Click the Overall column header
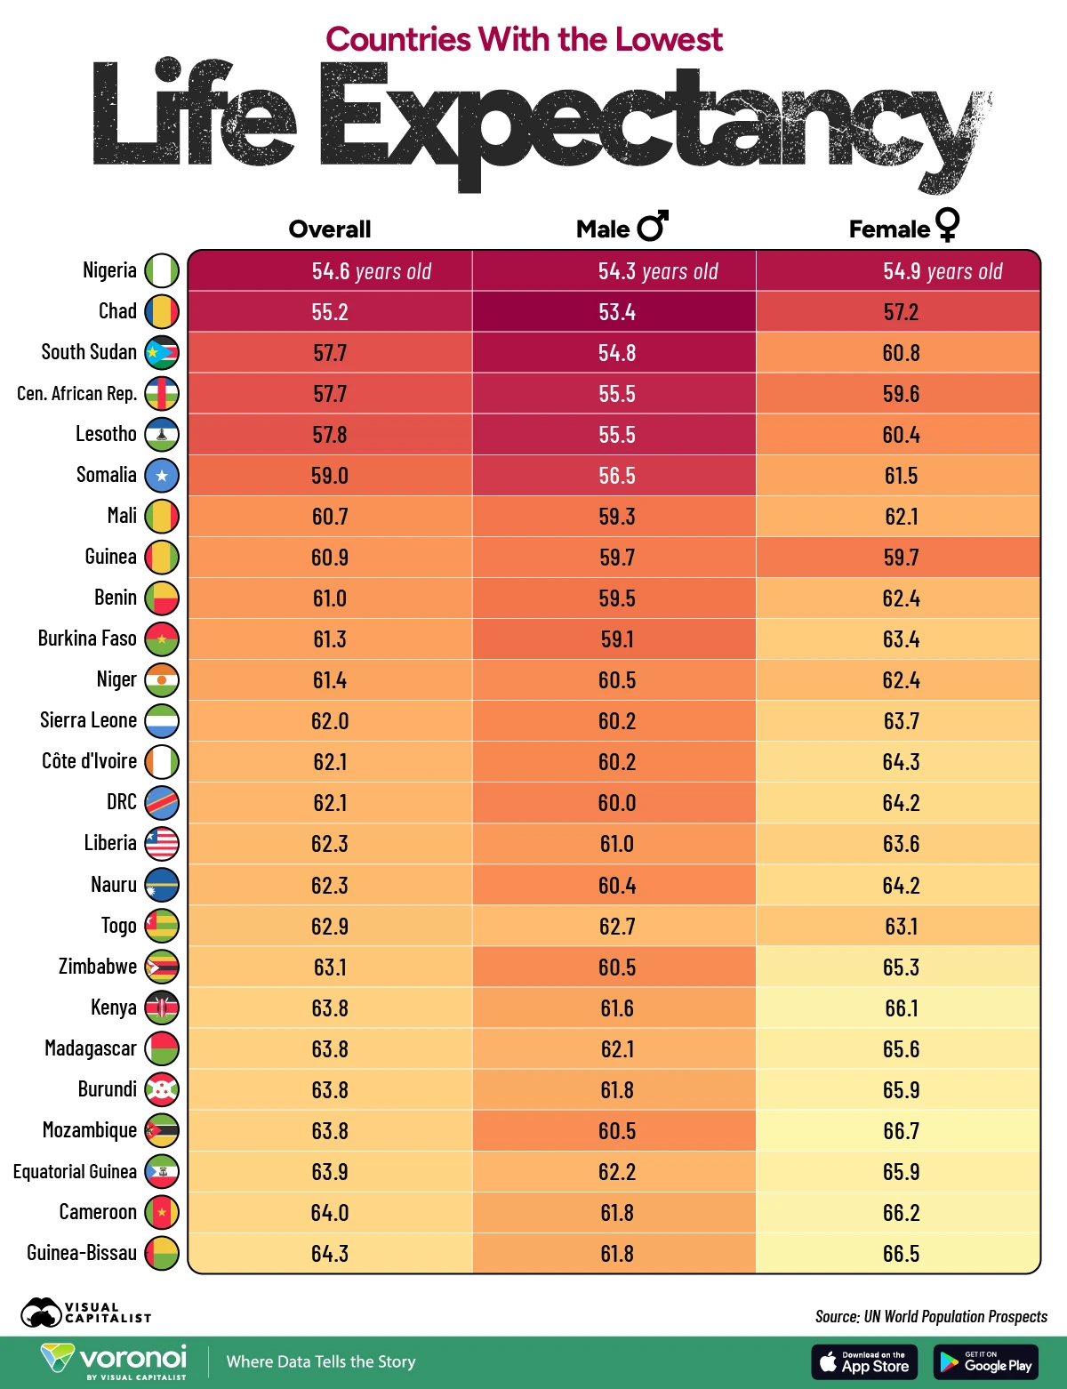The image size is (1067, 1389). (330, 229)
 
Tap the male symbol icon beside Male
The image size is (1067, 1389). (654, 227)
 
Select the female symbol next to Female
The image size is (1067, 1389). (948, 224)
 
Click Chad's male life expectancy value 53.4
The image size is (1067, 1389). (616, 312)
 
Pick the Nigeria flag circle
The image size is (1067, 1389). (162, 270)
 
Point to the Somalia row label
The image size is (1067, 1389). (107, 475)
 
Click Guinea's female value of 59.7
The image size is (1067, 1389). (901, 558)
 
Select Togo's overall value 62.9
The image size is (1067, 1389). (330, 927)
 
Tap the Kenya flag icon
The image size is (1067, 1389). (162, 1008)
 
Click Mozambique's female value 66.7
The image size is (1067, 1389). (901, 1131)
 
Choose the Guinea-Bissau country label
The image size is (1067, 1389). (82, 1253)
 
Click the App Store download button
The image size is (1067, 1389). (863, 1362)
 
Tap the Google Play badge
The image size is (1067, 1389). (986, 1362)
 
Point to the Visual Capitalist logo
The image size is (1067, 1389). (85, 1313)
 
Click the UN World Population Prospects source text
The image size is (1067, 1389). (931, 1316)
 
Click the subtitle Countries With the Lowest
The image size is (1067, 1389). (524, 40)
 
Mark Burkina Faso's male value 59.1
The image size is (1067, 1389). (616, 639)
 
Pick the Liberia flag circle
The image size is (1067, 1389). (162, 843)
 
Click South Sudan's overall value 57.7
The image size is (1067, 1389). (330, 353)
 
